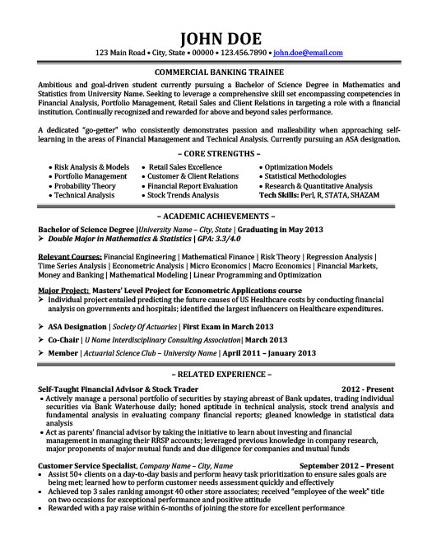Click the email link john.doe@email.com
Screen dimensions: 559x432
click(308, 53)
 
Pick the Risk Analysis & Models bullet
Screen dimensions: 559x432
click(90, 166)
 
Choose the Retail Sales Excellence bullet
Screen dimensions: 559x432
click(185, 166)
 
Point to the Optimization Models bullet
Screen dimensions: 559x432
click(298, 166)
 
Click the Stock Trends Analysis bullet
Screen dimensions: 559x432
click(184, 196)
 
